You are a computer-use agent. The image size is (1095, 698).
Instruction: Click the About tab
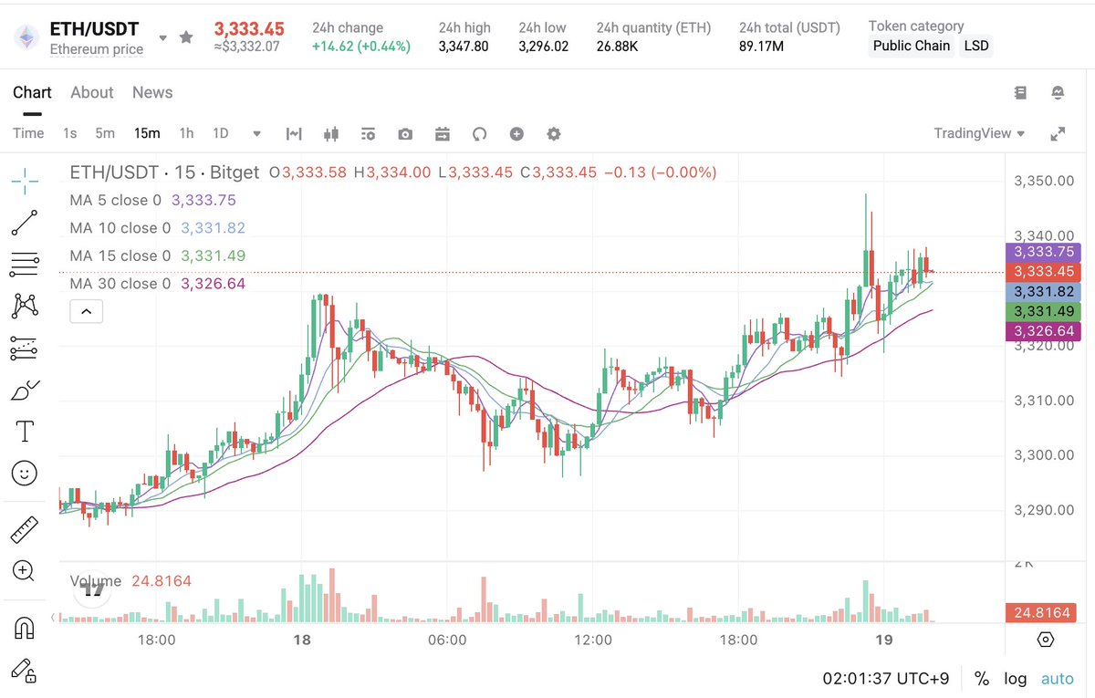point(92,92)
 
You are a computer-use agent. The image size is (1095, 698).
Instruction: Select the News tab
point(152,92)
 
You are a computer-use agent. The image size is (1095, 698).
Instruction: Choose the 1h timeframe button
point(186,133)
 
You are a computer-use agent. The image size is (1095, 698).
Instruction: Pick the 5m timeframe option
point(105,133)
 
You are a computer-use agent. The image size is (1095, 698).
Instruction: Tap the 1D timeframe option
point(221,133)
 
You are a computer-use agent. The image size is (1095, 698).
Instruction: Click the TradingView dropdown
point(979,133)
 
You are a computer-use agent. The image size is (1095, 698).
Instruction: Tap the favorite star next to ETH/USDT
point(186,37)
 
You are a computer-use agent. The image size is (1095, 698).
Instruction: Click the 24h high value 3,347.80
point(463,46)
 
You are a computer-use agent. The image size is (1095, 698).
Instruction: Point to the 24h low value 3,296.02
point(543,46)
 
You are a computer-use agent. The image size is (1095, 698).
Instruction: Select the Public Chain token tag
point(911,46)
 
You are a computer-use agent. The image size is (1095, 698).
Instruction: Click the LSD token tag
point(976,46)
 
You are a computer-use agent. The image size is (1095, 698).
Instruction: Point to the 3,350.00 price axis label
point(1044,181)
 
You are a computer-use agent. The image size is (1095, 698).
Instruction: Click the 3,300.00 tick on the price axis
point(1044,455)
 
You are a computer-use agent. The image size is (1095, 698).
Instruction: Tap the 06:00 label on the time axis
point(447,641)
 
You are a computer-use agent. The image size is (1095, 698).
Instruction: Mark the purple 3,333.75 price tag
point(1042,253)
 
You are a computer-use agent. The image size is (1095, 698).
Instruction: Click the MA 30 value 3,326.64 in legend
point(213,284)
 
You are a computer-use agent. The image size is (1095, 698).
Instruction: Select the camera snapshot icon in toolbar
point(405,134)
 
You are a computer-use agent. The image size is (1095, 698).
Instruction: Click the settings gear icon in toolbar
point(554,134)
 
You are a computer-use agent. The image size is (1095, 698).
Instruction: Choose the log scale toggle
point(1015,679)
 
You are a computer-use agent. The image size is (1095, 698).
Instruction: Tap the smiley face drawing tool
point(25,473)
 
